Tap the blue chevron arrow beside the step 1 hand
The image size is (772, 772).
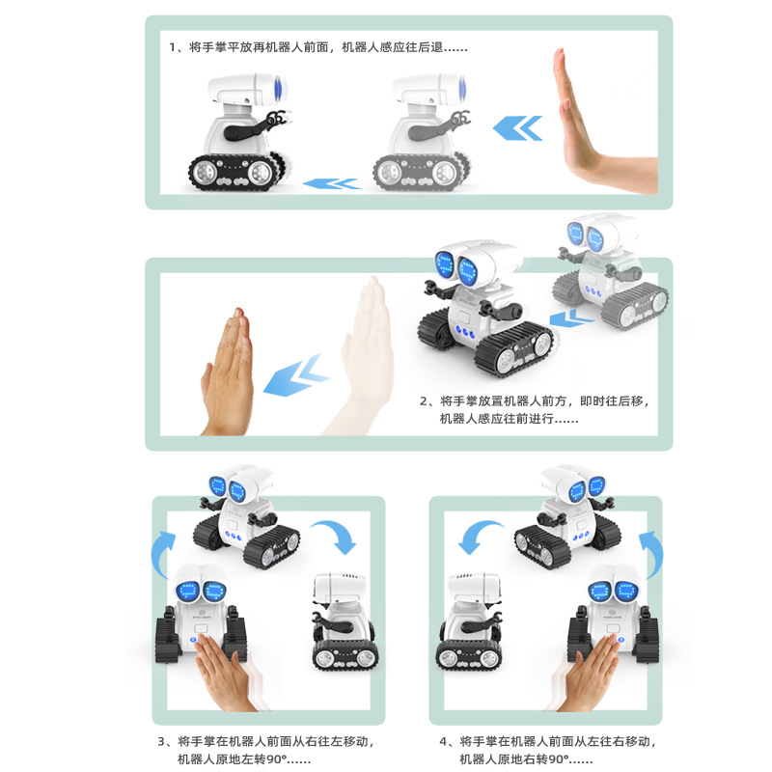click(517, 127)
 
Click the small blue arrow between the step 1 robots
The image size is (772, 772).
click(329, 183)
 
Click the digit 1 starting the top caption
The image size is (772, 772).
click(173, 46)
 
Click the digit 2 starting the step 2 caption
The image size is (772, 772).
click(424, 400)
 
